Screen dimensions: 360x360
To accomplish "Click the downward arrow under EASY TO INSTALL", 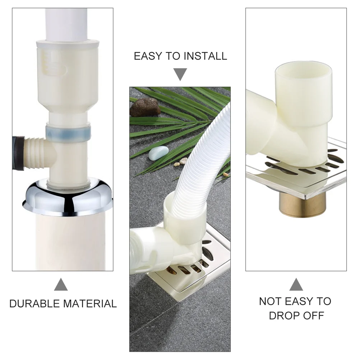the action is (180, 74).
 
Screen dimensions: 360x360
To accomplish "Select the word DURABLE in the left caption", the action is (35, 304).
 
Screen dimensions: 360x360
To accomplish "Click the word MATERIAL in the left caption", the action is (90, 304).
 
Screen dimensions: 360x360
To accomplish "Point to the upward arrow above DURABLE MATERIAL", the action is (61, 284).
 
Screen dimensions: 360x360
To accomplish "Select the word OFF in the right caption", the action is (313, 316).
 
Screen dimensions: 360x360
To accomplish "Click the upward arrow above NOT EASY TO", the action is (296, 284).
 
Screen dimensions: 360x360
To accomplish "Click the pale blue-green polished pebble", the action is (158, 153).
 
